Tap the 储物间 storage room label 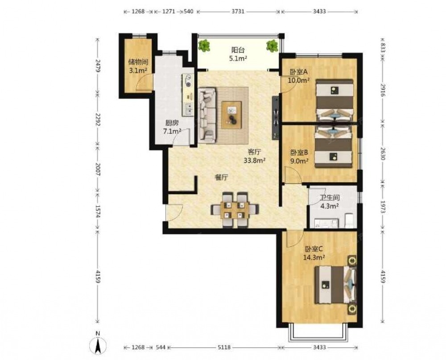[138, 61]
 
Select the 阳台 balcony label [238, 50]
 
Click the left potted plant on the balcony [204, 45]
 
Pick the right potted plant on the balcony [272, 45]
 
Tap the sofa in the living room [207, 115]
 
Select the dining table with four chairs [235, 210]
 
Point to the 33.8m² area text [255, 160]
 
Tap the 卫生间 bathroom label [330, 198]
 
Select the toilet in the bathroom [349, 221]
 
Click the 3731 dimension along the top [238, 12]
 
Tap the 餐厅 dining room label [221, 178]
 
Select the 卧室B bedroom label [299, 152]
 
